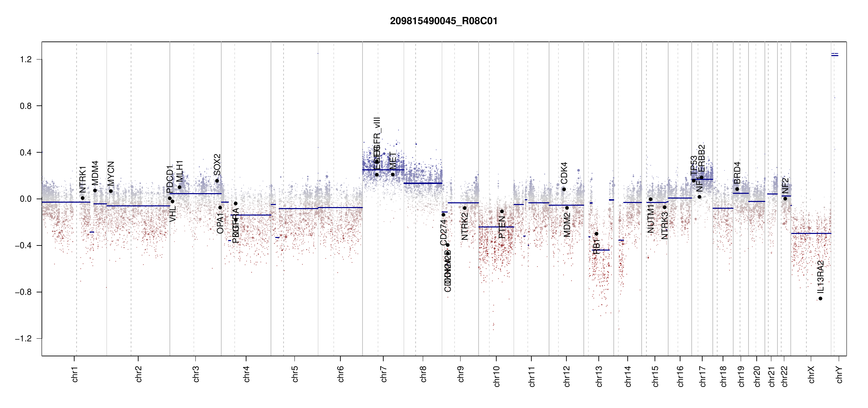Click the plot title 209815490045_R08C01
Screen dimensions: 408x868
click(444, 21)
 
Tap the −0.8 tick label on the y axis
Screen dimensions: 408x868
click(23, 292)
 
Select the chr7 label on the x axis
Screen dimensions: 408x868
click(384, 374)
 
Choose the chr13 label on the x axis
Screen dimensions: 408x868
click(599, 376)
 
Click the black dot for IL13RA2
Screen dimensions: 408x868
click(820, 299)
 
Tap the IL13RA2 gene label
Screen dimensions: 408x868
click(820, 277)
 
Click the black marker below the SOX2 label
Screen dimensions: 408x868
click(217, 181)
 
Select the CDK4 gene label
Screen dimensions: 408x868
click(564, 173)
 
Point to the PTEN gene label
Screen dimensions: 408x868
click(502, 227)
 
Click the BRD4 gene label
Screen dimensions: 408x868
click(737, 173)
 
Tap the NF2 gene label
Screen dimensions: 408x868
click(785, 186)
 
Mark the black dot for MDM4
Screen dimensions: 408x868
click(95, 190)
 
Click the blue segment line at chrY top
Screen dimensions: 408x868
click(835, 55)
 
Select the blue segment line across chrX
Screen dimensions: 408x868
click(811, 233)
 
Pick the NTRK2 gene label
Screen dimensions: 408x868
click(465, 226)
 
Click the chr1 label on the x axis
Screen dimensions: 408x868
click(75, 374)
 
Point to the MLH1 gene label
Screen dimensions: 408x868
click(179, 172)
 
